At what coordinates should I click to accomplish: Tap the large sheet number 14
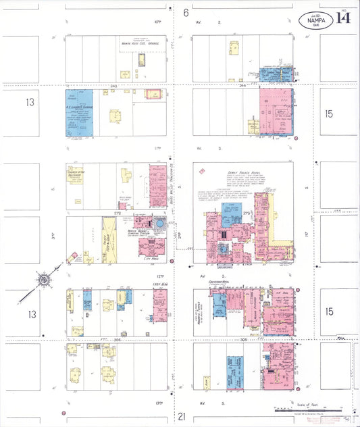[343, 18]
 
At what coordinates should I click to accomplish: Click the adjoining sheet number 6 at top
[184, 12]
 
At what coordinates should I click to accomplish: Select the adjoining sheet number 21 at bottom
[181, 417]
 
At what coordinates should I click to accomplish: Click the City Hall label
[148, 257]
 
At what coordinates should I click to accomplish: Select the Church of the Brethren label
[74, 173]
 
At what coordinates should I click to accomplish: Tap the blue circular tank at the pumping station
[159, 224]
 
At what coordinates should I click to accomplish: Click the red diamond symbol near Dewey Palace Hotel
[201, 171]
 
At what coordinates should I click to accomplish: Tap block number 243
[113, 86]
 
